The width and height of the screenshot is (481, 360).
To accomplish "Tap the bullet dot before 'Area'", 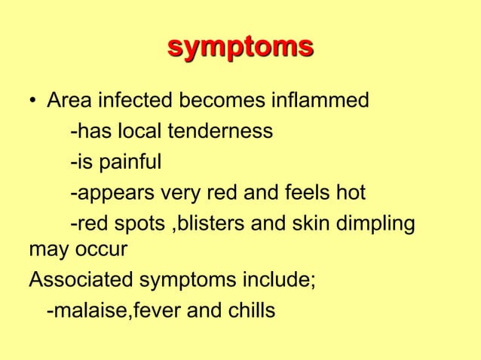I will click(34, 101).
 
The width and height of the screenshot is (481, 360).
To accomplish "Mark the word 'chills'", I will click(247, 311).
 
